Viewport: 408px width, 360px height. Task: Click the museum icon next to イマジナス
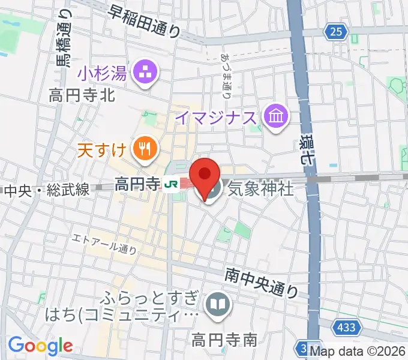point(277,115)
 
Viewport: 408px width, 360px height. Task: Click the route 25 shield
point(338,31)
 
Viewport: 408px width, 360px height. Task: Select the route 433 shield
point(349,328)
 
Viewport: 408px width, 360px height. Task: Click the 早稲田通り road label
point(144,22)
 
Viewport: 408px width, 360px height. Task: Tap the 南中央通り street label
point(262,282)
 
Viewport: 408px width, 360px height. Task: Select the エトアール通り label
point(104,244)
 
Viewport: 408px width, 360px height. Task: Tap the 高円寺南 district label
point(224,340)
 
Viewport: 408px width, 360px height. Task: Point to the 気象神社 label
point(260,189)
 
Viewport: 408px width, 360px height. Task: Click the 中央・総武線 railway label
point(47,190)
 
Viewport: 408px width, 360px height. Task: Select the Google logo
point(40,345)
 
